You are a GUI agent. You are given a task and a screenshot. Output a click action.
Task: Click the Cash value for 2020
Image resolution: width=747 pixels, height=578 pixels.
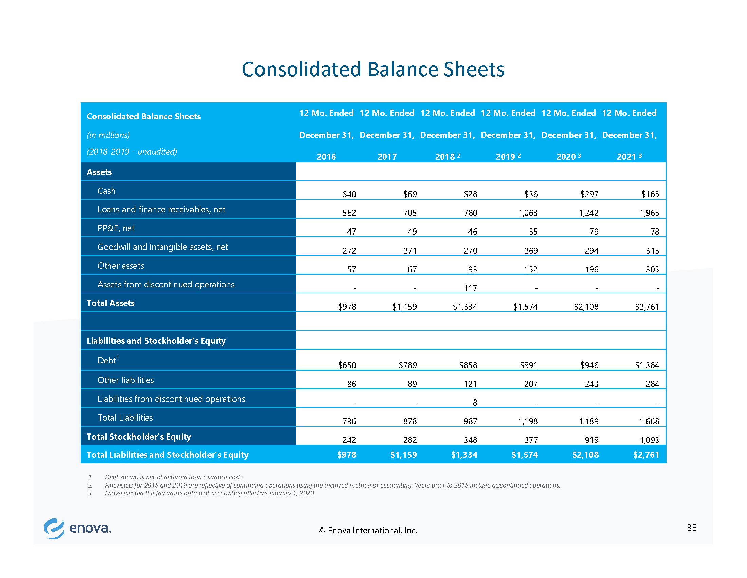coord(589,194)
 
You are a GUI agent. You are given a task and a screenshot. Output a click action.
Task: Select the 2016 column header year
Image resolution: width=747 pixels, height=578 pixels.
coord(326,157)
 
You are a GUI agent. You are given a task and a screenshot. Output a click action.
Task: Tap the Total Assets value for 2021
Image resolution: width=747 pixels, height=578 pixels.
coord(647,307)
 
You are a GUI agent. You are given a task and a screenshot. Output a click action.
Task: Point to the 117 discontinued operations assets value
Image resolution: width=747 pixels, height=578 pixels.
coord(471,288)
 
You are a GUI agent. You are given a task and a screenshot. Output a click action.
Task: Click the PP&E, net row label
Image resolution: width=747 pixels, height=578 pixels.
coord(116,228)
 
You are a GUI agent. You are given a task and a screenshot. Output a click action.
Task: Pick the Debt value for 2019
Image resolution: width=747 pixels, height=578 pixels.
coord(529,365)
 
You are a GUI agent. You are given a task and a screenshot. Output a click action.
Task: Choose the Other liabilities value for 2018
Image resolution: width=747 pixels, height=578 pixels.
coord(471,384)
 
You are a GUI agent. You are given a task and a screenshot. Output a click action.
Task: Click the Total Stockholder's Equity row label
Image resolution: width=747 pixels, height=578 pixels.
coord(139,437)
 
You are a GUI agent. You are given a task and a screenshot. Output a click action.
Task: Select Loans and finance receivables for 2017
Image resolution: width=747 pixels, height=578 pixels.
coord(410,213)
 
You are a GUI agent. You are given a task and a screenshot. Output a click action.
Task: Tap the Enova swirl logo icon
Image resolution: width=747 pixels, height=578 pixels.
coord(54,529)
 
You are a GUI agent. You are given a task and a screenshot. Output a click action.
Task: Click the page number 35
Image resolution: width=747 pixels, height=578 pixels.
coord(692,528)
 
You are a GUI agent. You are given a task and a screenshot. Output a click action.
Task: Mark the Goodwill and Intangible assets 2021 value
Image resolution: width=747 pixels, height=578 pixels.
coord(652,251)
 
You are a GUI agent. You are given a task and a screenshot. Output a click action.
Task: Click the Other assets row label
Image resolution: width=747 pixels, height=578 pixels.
coord(121,266)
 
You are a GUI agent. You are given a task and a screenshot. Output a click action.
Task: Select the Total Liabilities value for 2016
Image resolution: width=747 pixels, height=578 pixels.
coord(349,422)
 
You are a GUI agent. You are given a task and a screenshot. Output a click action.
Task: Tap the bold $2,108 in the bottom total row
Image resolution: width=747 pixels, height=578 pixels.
coord(586,455)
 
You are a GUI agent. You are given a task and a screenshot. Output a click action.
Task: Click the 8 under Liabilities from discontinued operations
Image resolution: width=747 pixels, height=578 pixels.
coord(475,403)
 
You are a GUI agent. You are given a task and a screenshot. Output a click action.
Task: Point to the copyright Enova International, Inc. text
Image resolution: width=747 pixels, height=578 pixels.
coord(368,531)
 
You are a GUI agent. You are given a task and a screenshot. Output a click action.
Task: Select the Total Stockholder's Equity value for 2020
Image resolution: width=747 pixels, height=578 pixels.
coord(592,440)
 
